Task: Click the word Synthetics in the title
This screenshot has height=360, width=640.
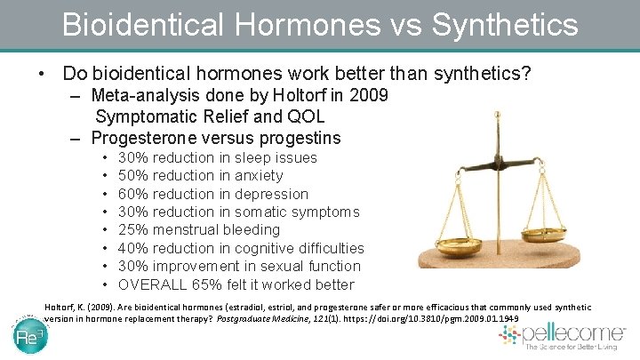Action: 504,23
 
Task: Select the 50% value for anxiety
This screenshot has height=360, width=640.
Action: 132,176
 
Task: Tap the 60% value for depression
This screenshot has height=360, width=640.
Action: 132,194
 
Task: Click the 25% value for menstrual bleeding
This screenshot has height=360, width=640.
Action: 132,229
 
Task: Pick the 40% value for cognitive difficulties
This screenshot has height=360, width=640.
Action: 132,248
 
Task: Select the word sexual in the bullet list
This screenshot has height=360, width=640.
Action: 280,266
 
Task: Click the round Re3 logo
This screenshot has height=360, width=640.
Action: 30,336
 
